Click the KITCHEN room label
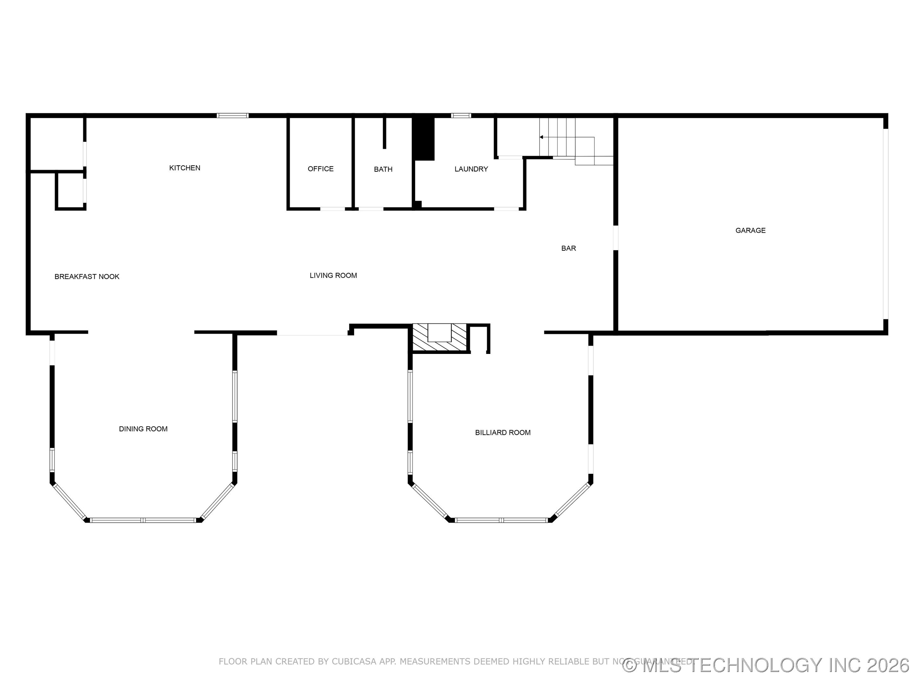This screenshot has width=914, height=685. pyautogui.click(x=185, y=168)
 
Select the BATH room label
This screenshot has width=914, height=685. pyautogui.click(x=383, y=169)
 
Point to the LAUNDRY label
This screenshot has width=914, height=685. pyautogui.click(x=471, y=169)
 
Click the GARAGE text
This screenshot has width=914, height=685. pyautogui.click(x=750, y=231)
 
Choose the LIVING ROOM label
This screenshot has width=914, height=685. pyautogui.click(x=333, y=275)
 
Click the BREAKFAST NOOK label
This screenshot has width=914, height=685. pyautogui.click(x=87, y=277)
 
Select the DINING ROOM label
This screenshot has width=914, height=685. pyautogui.click(x=143, y=429)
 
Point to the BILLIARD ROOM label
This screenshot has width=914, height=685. pyautogui.click(x=502, y=432)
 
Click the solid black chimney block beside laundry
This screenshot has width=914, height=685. pyautogui.click(x=424, y=139)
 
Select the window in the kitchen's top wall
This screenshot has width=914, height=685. pyautogui.click(x=233, y=116)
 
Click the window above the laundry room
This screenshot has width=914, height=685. pyautogui.click(x=461, y=116)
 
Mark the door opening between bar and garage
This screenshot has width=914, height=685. pyautogui.click(x=615, y=238)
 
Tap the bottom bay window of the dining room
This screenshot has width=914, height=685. pyautogui.click(x=142, y=520)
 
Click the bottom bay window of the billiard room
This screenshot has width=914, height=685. pyautogui.click(x=501, y=520)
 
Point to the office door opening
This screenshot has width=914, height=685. pyautogui.click(x=333, y=209)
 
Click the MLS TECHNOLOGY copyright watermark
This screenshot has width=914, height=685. pyautogui.click(x=766, y=666)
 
